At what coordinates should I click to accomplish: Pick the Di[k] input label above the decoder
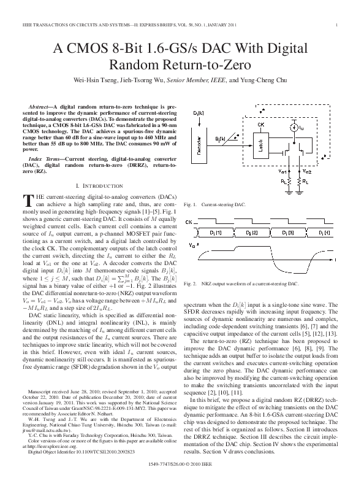199,113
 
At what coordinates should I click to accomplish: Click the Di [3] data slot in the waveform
286,234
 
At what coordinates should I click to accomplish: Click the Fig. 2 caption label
190,284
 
